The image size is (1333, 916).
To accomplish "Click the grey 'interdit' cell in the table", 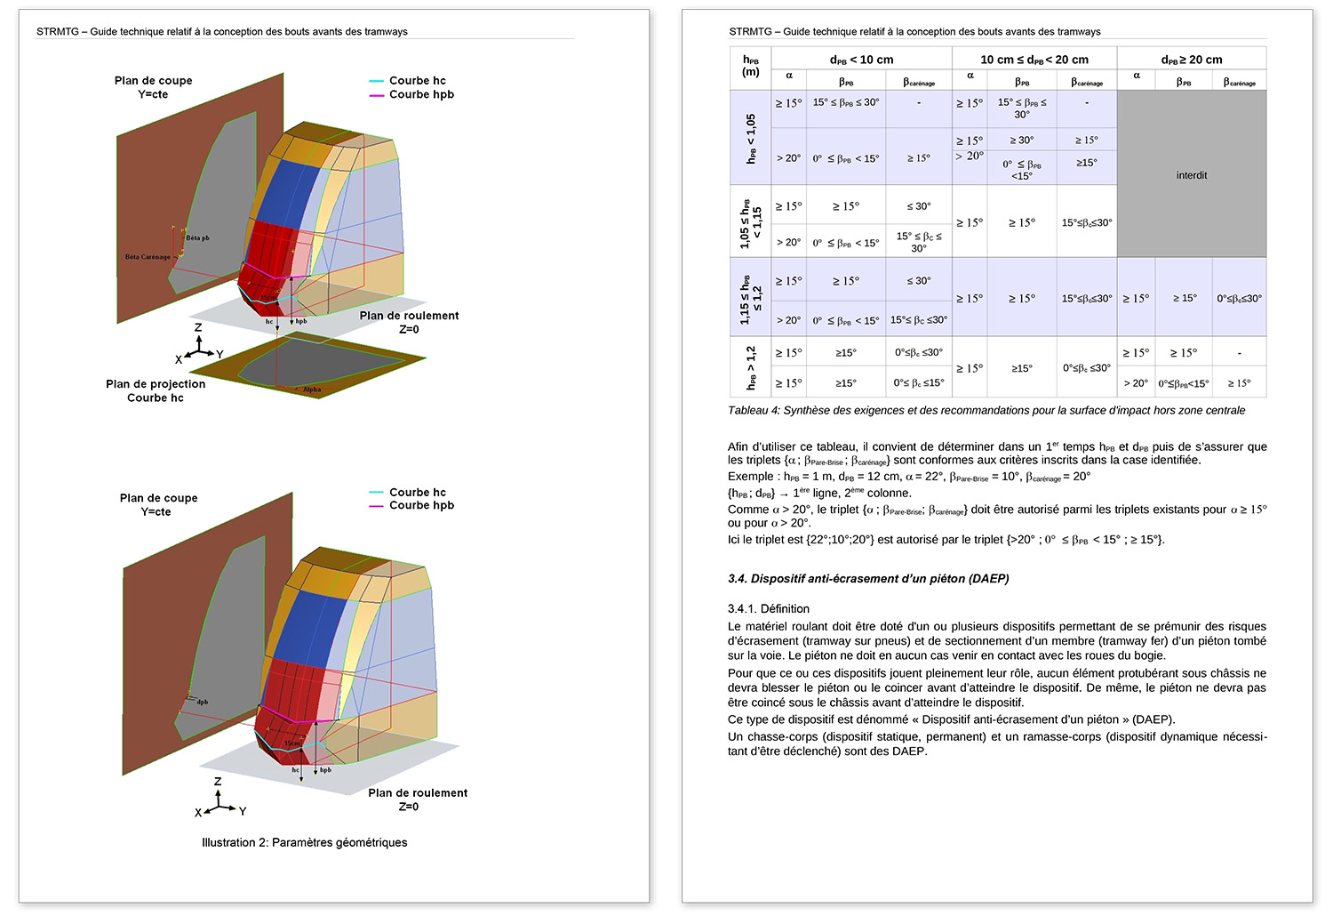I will coord(1191,175).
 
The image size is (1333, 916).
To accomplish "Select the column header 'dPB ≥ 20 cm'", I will coord(1191,60).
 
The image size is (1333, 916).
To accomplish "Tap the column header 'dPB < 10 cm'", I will coord(861,60).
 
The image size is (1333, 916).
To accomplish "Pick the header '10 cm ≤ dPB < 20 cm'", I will coord(1034,60).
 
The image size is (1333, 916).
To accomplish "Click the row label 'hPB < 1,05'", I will coord(751,138).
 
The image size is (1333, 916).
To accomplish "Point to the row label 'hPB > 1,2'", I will coord(751,367).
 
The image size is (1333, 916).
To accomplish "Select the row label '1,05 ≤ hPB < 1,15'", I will coord(751,221).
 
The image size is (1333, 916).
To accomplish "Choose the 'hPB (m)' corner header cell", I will coord(751,67).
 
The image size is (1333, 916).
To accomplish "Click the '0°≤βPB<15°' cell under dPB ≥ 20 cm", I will coord(1183,383).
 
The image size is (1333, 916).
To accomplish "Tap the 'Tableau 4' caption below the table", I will coord(986,411).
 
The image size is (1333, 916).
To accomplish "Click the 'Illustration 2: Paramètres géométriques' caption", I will coord(304,842).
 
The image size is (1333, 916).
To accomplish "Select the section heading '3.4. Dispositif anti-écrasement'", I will coord(868,579).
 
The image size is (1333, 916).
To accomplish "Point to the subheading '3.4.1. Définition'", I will coord(768,609).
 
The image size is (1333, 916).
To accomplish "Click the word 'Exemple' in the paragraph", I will coord(750,477).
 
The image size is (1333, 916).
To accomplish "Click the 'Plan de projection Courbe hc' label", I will coord(156,390).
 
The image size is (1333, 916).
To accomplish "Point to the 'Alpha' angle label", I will coord(312,390).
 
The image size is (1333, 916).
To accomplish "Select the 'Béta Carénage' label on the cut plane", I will coord(148,257).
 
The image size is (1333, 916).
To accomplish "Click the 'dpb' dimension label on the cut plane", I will coord(203,702).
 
